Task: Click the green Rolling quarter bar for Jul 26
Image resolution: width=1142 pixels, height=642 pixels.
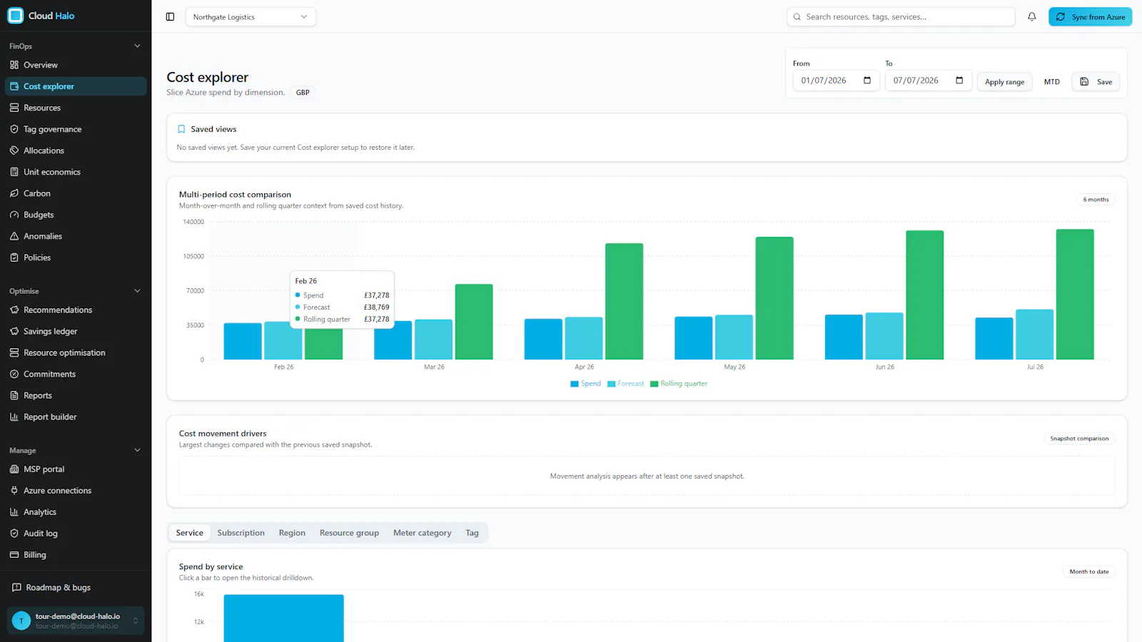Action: click(x=1075, y=294)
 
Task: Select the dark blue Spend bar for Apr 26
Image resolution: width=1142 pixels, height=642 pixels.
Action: click(x=543, y=339)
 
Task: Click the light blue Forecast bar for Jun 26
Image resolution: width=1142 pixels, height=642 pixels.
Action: click(x=884, y=336)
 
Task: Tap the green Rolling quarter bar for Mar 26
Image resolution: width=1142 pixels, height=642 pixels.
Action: click(x=474, y=322)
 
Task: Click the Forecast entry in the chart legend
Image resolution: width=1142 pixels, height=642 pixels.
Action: click(x=625, y=384)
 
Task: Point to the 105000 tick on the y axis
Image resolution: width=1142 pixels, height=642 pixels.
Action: click(x=193, y=256)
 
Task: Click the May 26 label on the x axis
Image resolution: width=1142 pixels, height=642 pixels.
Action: click(x=734, y=367)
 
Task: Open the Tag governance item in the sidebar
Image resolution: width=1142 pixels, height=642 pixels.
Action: click(x=53, y=129)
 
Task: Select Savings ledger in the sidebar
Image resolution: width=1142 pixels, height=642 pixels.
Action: click(x=51, y=331)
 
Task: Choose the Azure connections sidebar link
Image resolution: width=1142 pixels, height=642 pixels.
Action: click(x=57, y=490)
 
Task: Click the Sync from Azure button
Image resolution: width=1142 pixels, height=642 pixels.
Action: click(x=1090, y=17)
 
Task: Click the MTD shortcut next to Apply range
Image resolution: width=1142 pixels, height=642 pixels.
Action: click(x=1052, y=81)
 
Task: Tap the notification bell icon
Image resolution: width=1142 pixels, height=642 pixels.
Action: click(x=1032, y=17)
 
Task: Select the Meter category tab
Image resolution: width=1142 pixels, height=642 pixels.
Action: click(x=422, y=532)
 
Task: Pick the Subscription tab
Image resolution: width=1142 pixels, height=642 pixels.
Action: click(x=241, y=532)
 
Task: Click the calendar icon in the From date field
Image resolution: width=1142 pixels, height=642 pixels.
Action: click(x=867, y=80)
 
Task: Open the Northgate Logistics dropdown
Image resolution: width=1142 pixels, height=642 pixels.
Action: click(x=251, y=17)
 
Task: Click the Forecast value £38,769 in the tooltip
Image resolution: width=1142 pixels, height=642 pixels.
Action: click(x=376, y=307)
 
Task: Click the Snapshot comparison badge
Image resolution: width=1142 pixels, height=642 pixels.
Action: click(x=1079, y=438)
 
